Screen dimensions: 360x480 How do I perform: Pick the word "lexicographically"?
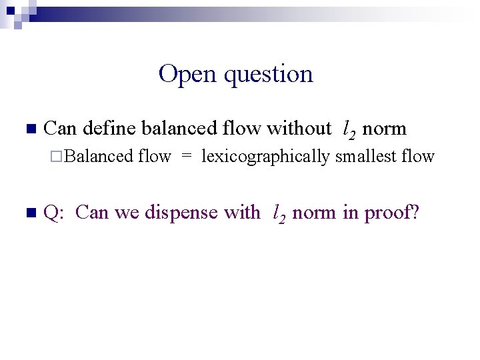coord(265,157)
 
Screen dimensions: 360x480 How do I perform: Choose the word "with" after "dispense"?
coord(243,213)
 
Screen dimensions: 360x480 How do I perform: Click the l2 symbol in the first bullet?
coord(349,129)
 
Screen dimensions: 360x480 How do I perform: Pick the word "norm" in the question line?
coord(313,213)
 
